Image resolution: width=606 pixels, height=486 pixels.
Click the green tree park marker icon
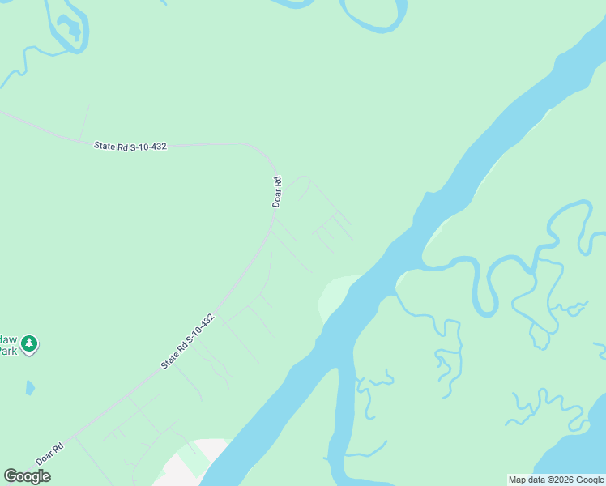(x=30, y=344)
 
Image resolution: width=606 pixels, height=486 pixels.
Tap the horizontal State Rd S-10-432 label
(x=130, y=146)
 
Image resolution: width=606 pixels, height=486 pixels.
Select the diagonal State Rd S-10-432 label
(x=187, y=341)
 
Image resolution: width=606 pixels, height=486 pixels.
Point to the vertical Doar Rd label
(x=276, y=192)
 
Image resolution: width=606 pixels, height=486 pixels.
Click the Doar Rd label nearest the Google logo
(x=49, y=454)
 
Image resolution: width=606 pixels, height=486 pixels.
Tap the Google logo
(x=27, y=476)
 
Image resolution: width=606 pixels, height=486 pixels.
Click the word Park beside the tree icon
(x=7, y=351)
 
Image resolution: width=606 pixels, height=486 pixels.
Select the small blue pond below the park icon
(x=30, y=387)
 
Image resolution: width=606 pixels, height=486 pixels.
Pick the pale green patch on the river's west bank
(x=335, y=295)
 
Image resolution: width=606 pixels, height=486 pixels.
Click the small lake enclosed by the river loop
(x=72, y=30)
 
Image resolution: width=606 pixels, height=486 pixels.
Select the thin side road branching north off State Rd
(x=83, y=122)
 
